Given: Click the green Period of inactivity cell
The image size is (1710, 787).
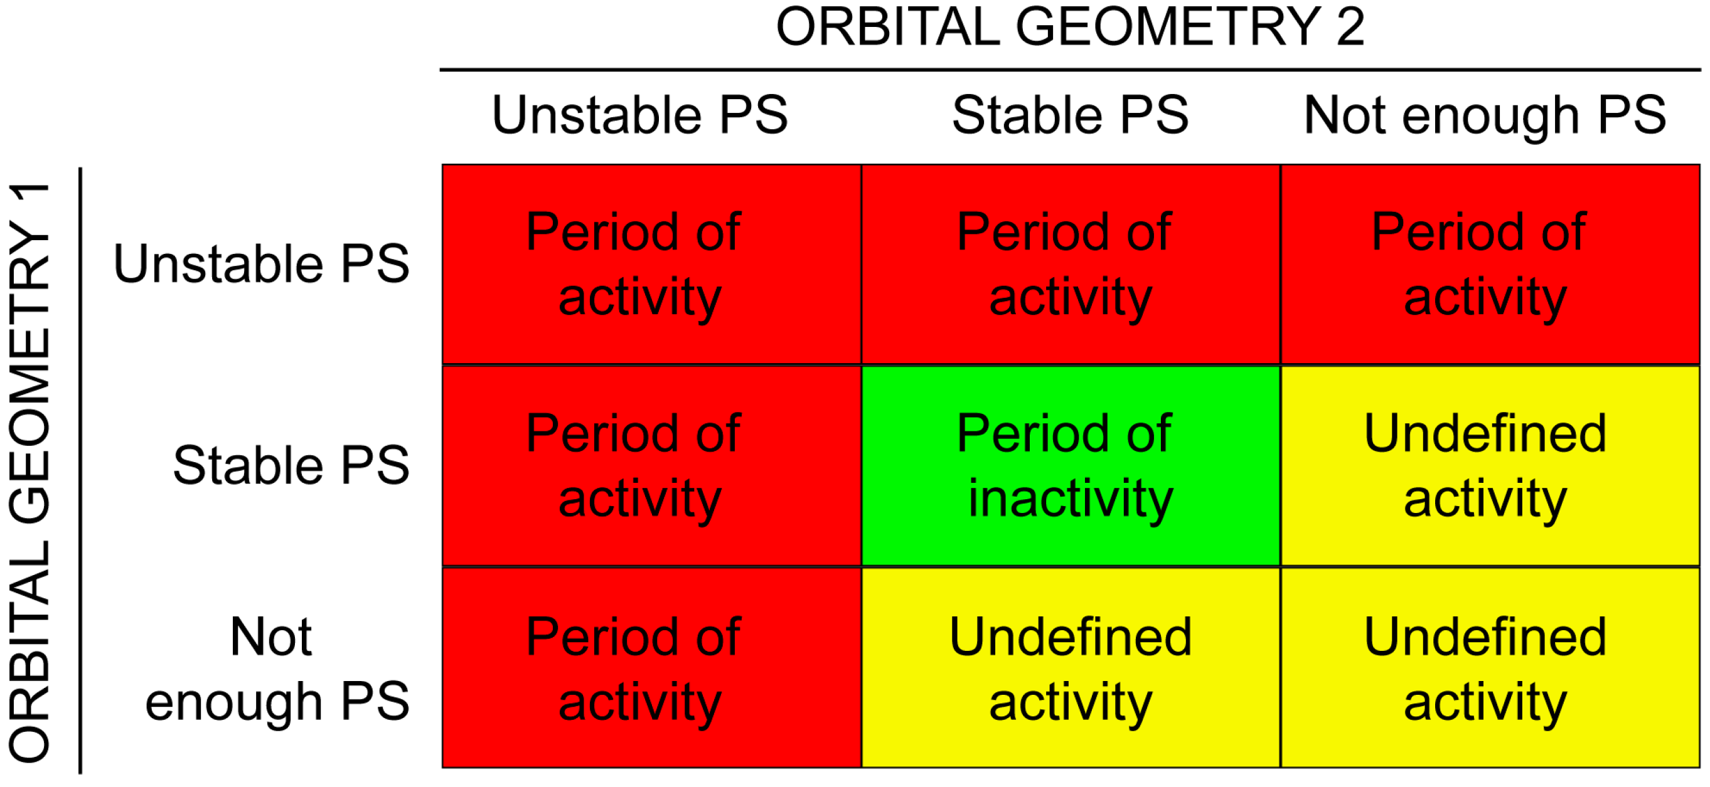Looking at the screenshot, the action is point(1071,466).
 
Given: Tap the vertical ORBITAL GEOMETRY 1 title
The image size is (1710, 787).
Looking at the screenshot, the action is point(29,472).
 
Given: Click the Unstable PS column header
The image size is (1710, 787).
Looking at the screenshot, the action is point(640,115).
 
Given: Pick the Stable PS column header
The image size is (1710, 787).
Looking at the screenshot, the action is point(1070,115).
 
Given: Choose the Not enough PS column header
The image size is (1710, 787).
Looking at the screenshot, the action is point(1485,117).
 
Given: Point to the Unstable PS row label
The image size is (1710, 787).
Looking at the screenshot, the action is point(262,263).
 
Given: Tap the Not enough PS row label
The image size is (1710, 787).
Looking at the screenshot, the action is point(277,670).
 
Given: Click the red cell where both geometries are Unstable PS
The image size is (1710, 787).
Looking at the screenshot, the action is point(652,265).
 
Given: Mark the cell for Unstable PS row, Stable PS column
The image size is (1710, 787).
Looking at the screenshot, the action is point(1071,265).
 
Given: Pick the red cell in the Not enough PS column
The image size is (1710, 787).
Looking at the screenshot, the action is point(1490,265).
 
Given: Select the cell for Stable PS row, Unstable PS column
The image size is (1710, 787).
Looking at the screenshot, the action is point(652,466).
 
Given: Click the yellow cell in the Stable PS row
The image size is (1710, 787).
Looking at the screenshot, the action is point(1490,466).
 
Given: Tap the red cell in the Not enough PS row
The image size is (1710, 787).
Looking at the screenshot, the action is point(652,668).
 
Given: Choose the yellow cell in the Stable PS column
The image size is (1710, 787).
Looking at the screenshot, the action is point(1071,668).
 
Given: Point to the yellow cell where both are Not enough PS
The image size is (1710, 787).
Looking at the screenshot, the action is point(1490,668).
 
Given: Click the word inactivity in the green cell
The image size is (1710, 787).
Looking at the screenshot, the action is point(1070,499).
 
